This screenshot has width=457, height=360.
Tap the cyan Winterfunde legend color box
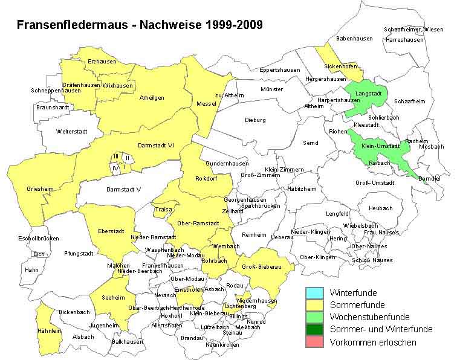314,292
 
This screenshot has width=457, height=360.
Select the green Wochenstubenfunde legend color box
314,317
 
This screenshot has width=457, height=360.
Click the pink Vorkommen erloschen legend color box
314,342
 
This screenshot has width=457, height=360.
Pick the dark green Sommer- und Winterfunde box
314,329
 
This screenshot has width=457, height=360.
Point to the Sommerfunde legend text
357,305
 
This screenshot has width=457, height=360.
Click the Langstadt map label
368,94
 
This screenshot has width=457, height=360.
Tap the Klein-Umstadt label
381,146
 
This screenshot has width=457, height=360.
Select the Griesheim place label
40,189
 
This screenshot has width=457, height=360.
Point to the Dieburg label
255,120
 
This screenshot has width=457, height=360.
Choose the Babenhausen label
352,39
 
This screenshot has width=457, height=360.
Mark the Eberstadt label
111,231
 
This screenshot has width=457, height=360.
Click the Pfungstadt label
79,254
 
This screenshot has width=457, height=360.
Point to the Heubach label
380,208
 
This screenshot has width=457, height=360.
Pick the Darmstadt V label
123,189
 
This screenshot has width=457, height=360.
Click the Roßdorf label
206,178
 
